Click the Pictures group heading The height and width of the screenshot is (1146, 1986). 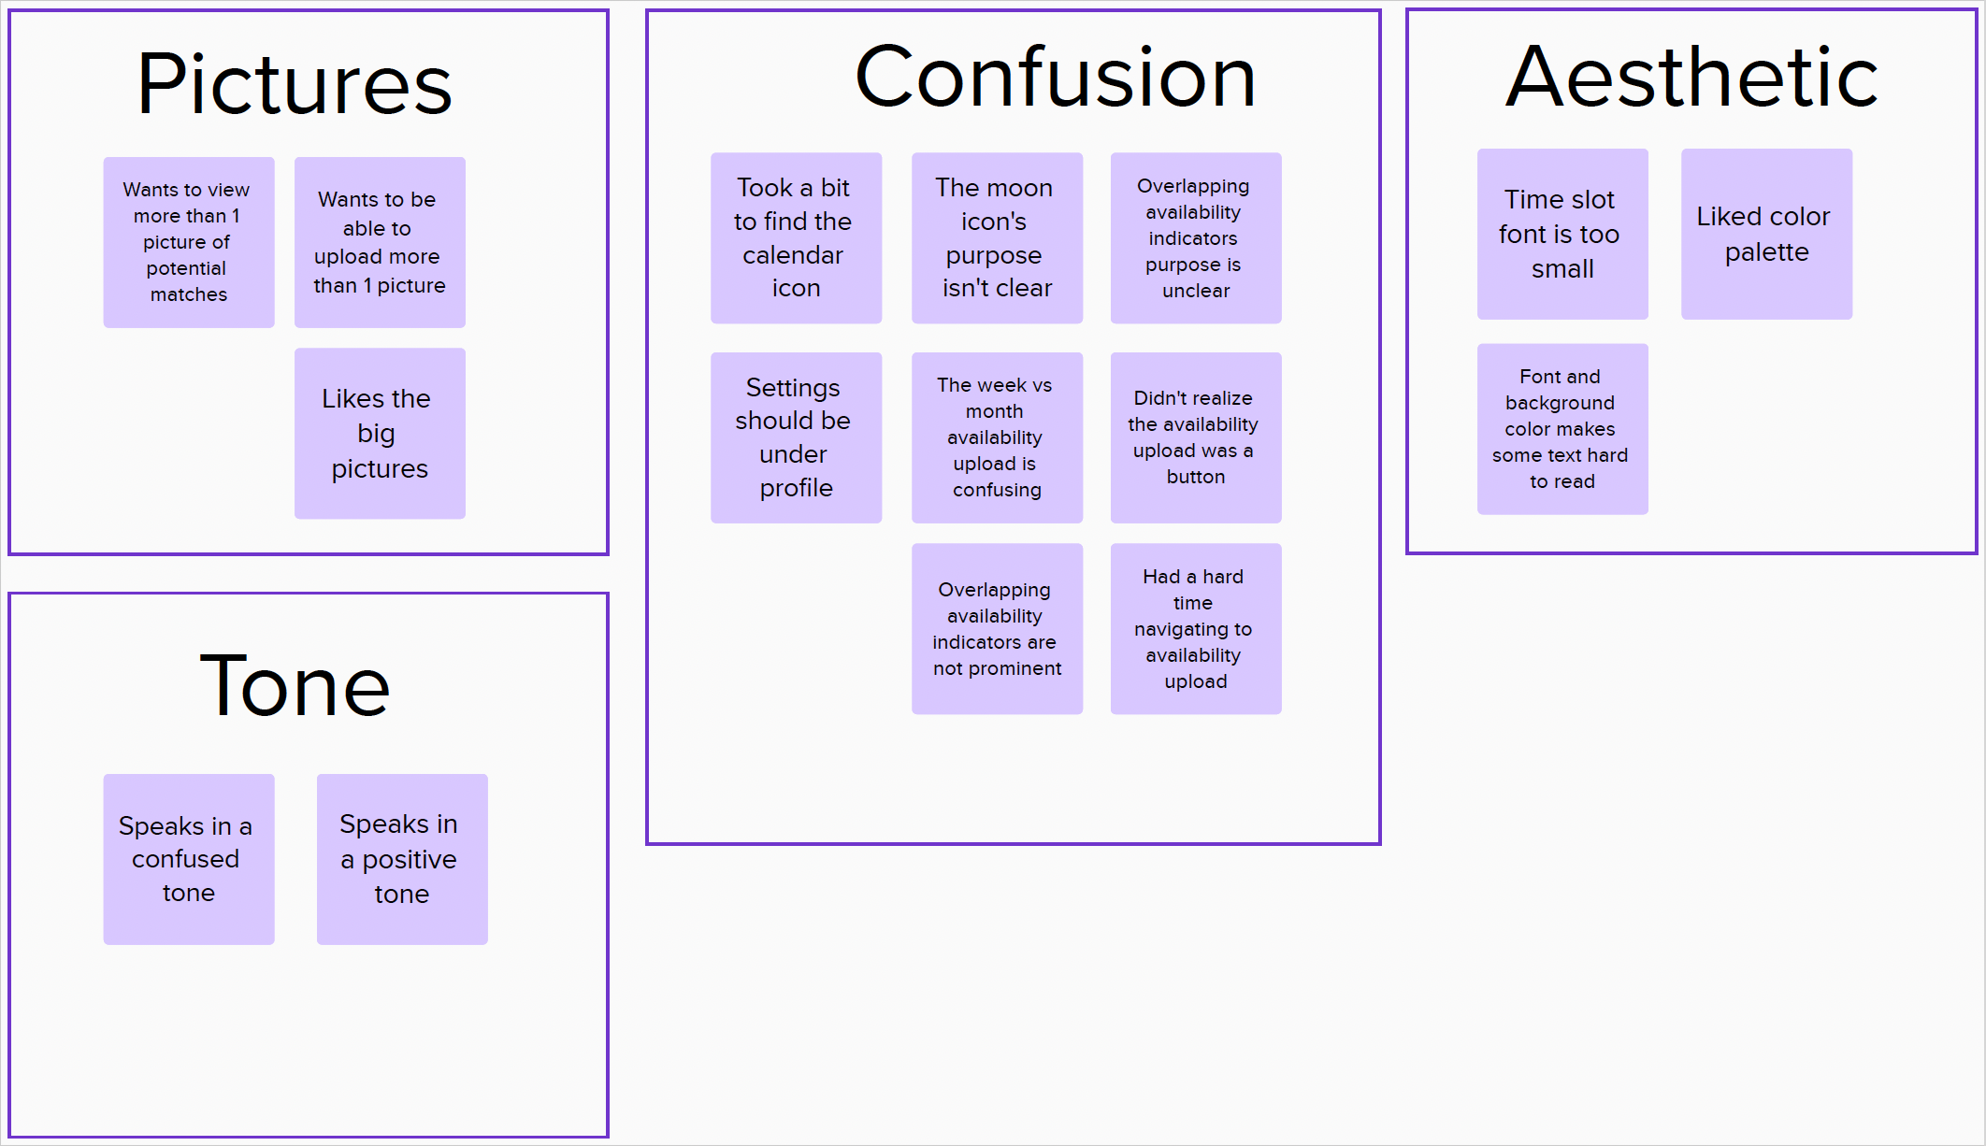click(295, 84)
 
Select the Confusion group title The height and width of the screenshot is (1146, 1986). click(1055, 78)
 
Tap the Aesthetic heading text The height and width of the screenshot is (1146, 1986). click(1691, 78)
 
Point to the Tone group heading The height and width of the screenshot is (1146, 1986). click(295, 686)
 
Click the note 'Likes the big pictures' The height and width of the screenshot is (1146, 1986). click(380, 434)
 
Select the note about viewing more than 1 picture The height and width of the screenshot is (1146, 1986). click(189, 242)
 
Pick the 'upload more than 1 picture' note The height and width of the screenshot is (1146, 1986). click(380, 242)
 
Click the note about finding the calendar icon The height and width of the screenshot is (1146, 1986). click(796, 238)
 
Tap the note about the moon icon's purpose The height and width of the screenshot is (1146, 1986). click(997, 238)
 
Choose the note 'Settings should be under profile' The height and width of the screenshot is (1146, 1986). click(796, 437)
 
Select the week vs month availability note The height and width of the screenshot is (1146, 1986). click(997, 437)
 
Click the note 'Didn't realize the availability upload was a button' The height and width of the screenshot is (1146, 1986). click(1195, 437)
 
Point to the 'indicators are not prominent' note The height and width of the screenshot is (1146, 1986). click(997, 629)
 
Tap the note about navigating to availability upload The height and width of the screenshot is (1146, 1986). click(1195, 629)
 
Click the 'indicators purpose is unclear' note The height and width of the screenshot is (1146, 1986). click(1195, 238)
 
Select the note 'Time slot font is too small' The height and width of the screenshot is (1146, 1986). click(1562, 234)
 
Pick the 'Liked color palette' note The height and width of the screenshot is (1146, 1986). click(1766, 234)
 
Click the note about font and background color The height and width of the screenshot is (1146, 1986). click(1562, 429)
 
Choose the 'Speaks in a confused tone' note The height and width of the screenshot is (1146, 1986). click(189, 859)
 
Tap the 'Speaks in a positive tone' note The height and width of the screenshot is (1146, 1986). click(402, 859)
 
